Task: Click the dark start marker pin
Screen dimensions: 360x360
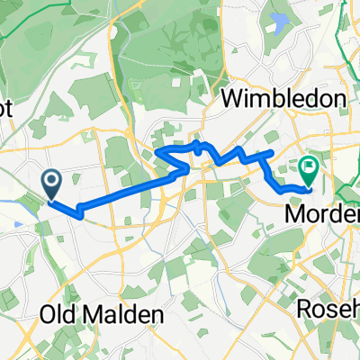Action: point(51,184)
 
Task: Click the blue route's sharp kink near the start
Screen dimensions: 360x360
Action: point(79,213)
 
